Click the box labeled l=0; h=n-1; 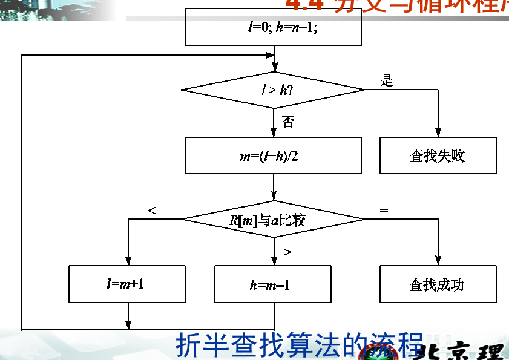273,27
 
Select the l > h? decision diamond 273,90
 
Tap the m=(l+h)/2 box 273,155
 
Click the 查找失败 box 438,155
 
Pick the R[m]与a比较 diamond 273,219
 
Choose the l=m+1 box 127,284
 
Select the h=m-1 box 273,284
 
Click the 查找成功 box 438,284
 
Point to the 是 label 387,80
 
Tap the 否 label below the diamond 288,123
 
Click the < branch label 152,211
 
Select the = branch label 384,211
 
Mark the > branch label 287,252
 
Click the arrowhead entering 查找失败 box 438,133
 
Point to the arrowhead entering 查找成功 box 438,261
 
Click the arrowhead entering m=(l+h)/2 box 274,133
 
